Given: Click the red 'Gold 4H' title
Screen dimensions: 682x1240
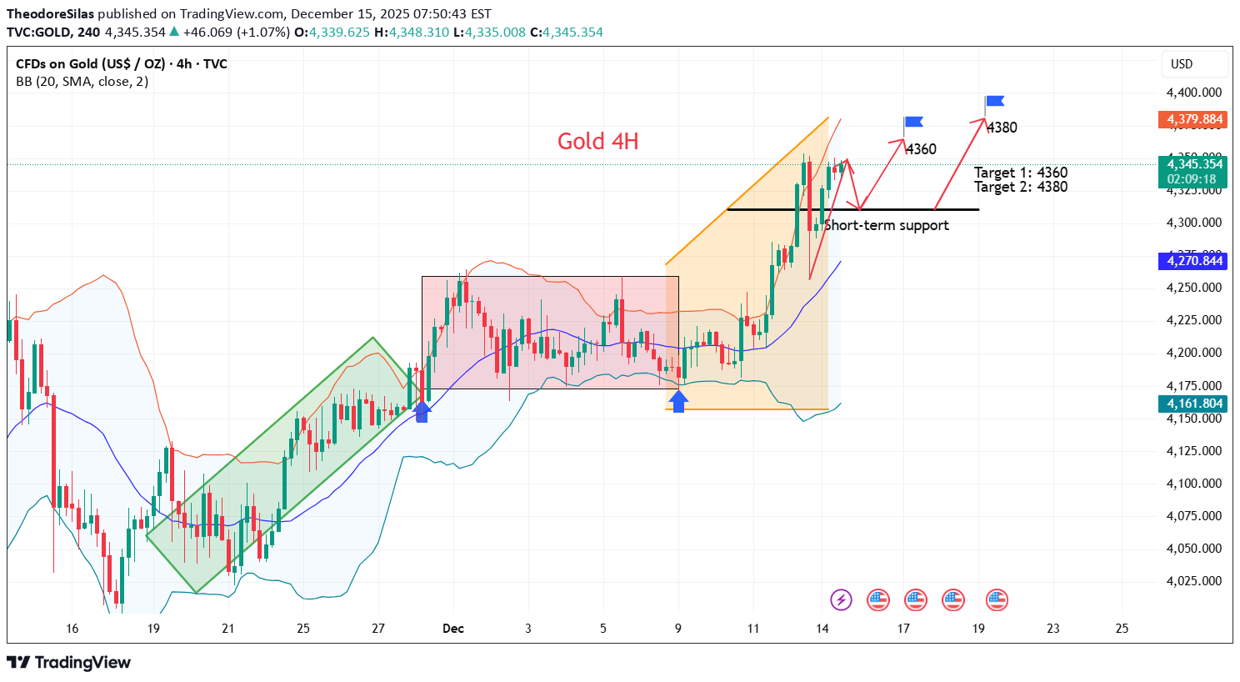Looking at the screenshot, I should (597, 142).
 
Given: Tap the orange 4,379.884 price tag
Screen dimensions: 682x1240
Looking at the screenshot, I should (1194, 119).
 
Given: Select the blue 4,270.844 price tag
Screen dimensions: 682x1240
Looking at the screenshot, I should (1194, 261).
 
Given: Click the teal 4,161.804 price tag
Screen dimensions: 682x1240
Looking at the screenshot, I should (1194, 404).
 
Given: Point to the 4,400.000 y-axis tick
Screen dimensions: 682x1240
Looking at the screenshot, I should (1193, 93).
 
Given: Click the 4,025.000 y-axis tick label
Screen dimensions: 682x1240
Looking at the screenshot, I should (1193, 581).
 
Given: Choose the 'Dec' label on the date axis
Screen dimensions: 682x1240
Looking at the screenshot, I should (453, 628).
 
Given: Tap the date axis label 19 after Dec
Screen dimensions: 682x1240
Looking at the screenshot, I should (978, 628).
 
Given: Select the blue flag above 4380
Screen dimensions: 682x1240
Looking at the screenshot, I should (994, 102).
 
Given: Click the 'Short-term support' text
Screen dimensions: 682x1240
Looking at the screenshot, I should (887, 225).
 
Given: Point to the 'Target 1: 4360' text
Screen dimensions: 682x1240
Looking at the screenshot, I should (1021, 173).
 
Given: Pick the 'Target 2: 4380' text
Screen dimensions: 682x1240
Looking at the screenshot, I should (1021, 187).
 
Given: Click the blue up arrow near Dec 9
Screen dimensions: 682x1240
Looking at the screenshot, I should (678, 401).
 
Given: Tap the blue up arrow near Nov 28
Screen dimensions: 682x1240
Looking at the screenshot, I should (422, 410).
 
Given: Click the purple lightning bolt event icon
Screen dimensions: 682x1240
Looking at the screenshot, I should (841, 599).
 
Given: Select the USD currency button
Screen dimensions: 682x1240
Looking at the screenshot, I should (1182, 64).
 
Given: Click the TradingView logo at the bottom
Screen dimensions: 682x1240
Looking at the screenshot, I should (69, 663).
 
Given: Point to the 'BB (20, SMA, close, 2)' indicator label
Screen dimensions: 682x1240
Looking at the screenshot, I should (82, 82).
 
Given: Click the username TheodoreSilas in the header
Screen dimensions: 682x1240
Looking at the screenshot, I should (50, 14).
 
